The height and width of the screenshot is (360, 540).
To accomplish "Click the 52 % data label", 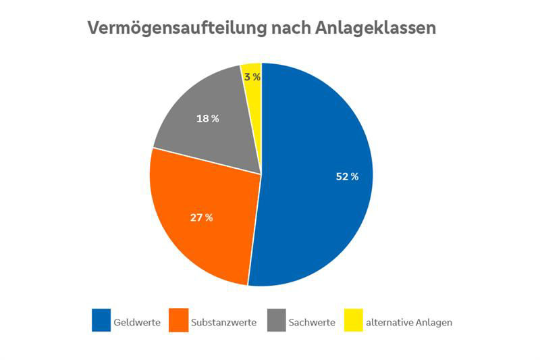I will [347, 177].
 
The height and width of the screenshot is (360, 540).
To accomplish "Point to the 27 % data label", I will [201, 217].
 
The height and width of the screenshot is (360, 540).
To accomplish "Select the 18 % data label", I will [207, 119].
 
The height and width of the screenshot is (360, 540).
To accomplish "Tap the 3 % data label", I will [252, 77].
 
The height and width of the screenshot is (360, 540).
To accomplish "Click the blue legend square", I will [101, 321].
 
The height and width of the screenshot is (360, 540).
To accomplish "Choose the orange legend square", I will [178, 321].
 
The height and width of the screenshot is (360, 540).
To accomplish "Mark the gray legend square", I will [276, 321].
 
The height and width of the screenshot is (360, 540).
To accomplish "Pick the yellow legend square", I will [353, 321].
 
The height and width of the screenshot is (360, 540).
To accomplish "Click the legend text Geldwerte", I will [137, 323].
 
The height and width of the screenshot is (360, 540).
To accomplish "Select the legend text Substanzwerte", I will [223, 323].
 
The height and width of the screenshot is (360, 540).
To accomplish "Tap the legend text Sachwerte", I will [312, 323].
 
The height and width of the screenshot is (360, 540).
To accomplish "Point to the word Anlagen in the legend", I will [433, 323].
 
